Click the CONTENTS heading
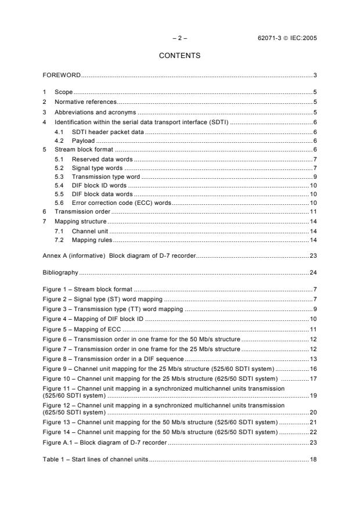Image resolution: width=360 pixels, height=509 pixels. (x=180, y=56)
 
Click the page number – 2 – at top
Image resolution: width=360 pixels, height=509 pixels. (x=180, y=38)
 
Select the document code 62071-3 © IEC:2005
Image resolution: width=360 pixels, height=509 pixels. (x=287, y=38)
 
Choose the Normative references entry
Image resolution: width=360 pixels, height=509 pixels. (x=82, y=101)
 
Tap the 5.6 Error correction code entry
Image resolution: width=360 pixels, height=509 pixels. (x=121, y=203)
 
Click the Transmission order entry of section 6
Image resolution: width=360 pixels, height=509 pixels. (x=79, y=212)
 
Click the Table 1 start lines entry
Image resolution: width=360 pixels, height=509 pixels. (x=95, y=460)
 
